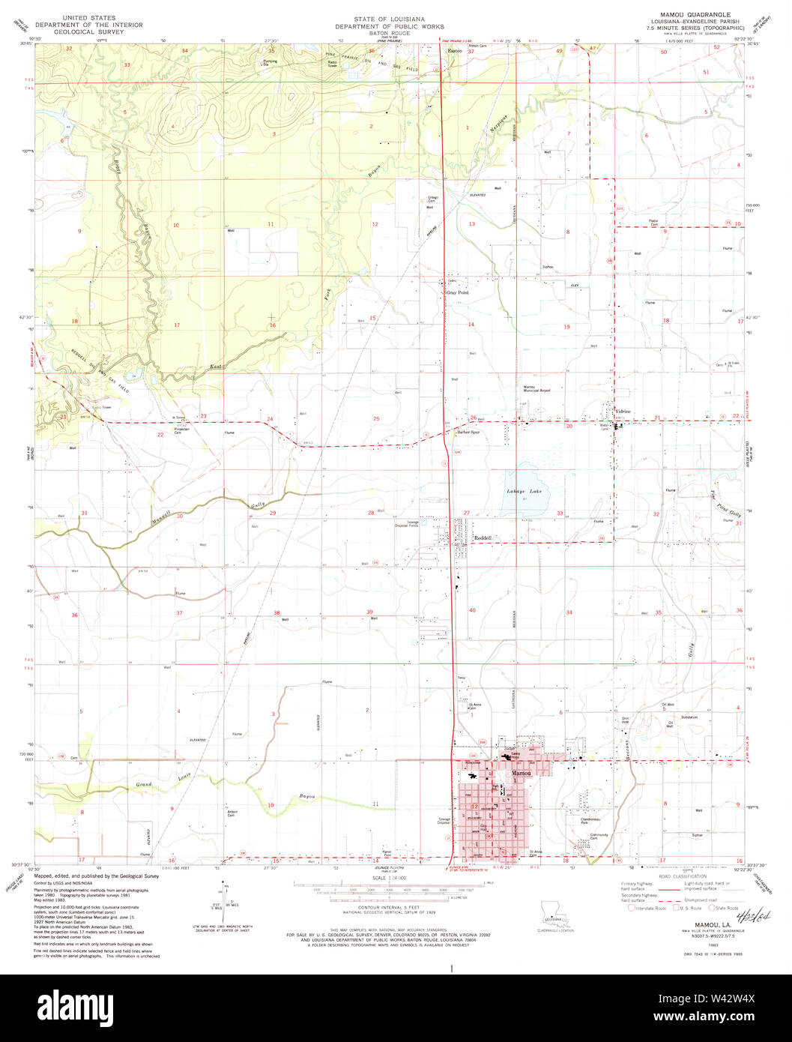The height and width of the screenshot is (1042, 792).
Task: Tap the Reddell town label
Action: tap(483, 537)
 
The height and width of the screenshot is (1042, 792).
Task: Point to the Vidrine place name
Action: tap(623, 412)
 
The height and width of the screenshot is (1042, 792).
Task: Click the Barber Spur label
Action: tap(469, 433)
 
